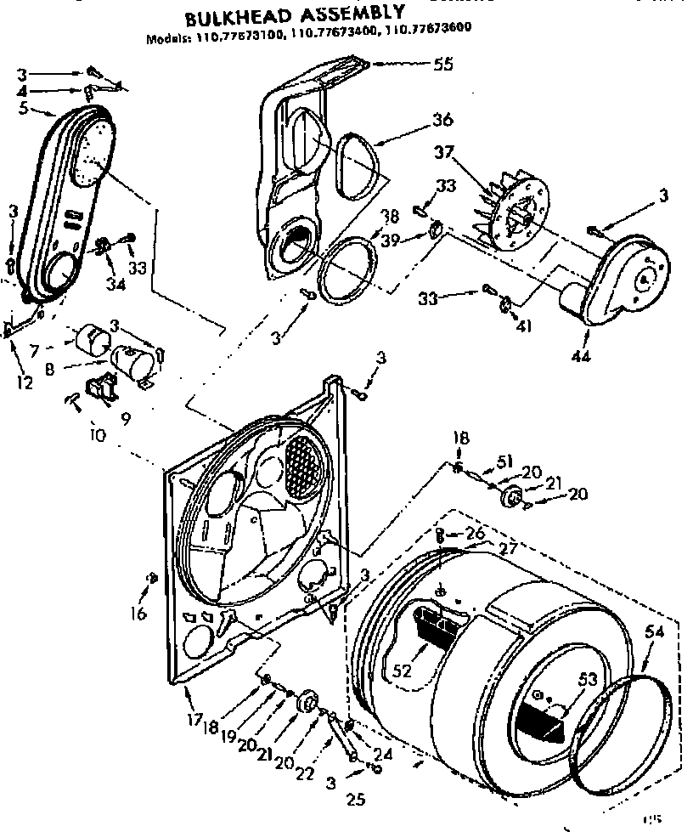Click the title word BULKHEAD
tap(237, 16)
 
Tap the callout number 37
tap(465, 153)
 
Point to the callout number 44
tap(581, 355)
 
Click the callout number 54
tap(654, 631)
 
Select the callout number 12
tap(25, 383)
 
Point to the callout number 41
tap(522, 325)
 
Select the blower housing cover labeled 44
tap(628, 276)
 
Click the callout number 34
tap(115, 284)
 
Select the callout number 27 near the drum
tap(509, 549)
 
